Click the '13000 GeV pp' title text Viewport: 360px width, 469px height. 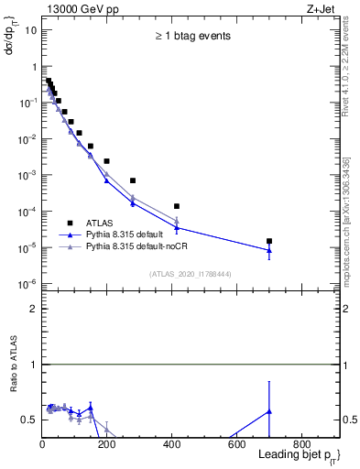point(82,10)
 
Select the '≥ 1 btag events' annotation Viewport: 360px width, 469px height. point(191,37)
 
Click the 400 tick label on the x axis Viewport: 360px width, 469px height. point(172,444)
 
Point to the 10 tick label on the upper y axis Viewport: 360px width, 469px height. point(30,30)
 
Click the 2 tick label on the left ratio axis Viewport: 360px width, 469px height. point(33,310)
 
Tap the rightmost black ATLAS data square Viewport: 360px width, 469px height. point(269,241)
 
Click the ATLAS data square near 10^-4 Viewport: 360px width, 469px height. point(177,206)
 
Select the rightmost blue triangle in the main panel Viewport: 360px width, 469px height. point(269,250)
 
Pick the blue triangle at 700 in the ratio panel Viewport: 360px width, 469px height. point(269,411)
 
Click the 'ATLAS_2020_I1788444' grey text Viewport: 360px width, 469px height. point(188,273)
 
